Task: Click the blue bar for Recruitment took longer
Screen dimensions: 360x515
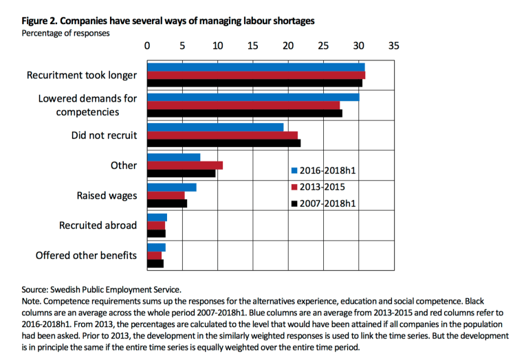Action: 256,67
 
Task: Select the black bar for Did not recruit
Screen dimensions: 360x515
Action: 224,143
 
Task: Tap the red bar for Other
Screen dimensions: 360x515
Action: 185,165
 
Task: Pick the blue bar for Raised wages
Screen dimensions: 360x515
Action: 172,188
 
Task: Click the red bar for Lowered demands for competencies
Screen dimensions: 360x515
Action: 243,105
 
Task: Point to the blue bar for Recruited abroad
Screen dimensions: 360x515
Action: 157,218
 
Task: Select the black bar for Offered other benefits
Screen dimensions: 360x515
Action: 155,263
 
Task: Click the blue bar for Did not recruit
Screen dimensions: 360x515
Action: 215,127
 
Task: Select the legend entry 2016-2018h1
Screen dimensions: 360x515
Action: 324,170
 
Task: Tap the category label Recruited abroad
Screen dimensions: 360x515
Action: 98,225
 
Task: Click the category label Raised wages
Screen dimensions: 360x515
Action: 107,195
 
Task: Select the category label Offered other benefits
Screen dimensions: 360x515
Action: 86,256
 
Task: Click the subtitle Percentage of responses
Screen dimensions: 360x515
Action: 66,32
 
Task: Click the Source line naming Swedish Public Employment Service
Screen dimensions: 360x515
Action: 101,290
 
